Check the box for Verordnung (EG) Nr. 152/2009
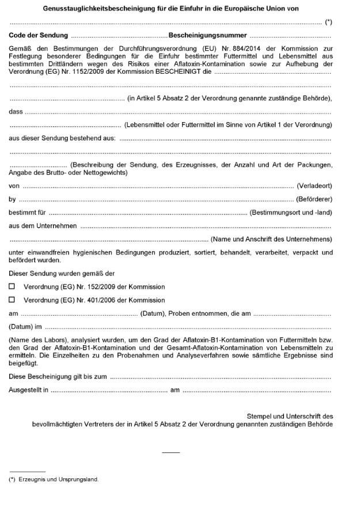pyautogui.click(x=12, y=286)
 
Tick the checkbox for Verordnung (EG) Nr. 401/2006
pyautogui.click(x=12, y=300)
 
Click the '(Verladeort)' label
pyautogui.click(x=314, y=186)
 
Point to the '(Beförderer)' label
pyautogui.click(x=314, y=199)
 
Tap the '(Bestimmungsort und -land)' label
pyautogui.click(x=291, y=213)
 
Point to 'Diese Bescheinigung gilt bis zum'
pyautogui.click(x=58, y=377)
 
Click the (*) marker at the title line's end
pyautogui.click(x=328, y=22)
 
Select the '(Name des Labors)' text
pyautogui.click(x=34, y=340)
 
